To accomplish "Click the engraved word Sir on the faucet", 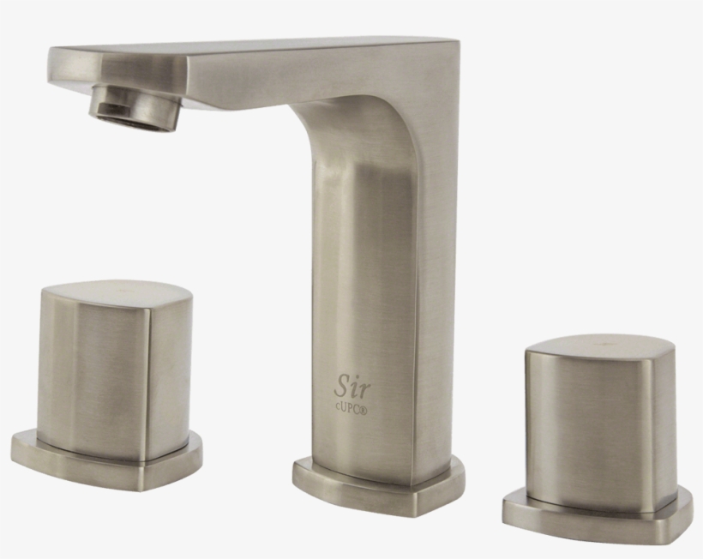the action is coord(353,388).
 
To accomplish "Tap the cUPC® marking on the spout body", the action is coord(351,410).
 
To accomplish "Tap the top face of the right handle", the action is coord(601,347).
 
